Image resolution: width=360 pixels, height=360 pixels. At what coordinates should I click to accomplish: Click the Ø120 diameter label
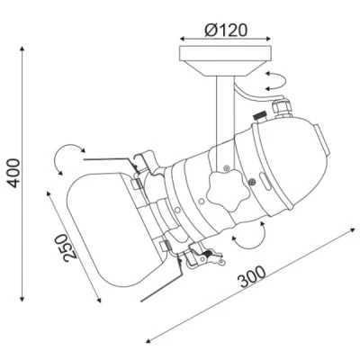[x=226, y=31]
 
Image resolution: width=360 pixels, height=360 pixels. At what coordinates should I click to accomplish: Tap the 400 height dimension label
[x=13, y=173]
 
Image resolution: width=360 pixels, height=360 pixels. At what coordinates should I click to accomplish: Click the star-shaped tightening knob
[x=229, y=190]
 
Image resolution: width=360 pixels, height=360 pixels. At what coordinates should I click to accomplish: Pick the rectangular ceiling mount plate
[x=225, y=53]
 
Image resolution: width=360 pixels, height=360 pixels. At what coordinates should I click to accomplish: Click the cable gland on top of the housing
[x=282, y=108]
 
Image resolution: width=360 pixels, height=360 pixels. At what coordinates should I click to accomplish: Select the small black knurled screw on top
[x=260, y=115]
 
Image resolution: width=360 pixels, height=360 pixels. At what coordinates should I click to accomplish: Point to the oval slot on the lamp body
[x=265, y=182]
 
